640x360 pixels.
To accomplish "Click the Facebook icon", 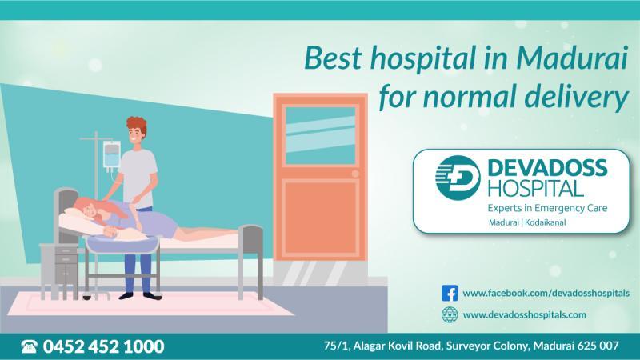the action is coord(450,293).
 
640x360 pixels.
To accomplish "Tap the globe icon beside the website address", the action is coord(450,314).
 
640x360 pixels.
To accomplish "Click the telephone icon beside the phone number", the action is coord(29,346).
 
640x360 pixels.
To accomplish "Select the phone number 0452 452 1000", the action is coord(103,346).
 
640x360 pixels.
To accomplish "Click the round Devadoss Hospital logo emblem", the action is coord(457,178).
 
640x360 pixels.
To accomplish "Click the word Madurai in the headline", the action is coord(572,58).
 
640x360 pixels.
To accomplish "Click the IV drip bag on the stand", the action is coord(111,155).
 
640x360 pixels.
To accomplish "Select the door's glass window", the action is coord(321,135).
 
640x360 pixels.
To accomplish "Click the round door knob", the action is coord(355,174).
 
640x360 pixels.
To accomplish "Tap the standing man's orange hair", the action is coord(136,125).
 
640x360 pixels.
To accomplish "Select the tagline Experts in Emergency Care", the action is coord(547,208).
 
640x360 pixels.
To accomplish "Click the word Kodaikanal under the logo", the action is coord(546,223).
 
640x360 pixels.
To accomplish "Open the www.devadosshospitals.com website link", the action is coord(525,314).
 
